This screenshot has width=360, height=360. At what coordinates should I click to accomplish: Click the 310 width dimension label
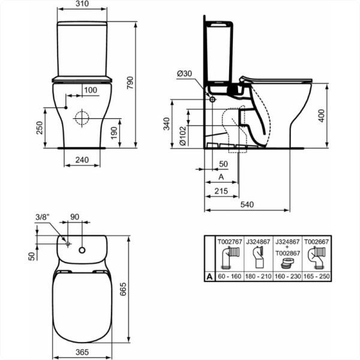[82, 4]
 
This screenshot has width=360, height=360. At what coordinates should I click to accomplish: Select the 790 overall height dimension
[130, 83]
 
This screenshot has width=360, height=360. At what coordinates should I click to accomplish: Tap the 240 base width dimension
[82, 160]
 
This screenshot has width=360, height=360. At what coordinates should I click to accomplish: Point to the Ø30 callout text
[185, 74]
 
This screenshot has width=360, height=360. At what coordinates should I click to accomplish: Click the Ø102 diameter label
[183, 136]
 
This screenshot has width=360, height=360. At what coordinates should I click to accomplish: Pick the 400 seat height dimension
[322, 116]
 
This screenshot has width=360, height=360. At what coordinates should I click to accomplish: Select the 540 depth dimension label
[247, 205]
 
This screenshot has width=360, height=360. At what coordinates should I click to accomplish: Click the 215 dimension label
[221, 191]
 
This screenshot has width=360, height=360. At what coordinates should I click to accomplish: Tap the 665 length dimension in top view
[123, 289]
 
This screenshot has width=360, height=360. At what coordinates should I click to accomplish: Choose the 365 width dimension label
[82, 352]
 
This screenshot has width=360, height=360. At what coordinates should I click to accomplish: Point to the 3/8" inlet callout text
[43, 217]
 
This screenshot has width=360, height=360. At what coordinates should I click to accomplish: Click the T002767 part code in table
[230, 242]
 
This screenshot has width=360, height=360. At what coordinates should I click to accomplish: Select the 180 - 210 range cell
[259, 276]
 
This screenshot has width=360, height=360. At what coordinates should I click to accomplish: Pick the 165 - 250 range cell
[317, 276]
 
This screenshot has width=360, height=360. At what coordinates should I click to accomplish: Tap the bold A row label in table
[209, 277]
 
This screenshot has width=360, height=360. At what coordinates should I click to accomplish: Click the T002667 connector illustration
[317, 258]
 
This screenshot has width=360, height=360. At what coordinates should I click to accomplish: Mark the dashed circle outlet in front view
[82, 118]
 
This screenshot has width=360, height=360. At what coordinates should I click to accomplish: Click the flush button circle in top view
[82, 250]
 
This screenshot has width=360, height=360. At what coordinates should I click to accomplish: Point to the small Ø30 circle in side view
[212, 100]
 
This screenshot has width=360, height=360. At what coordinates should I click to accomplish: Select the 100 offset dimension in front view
[91, 90]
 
